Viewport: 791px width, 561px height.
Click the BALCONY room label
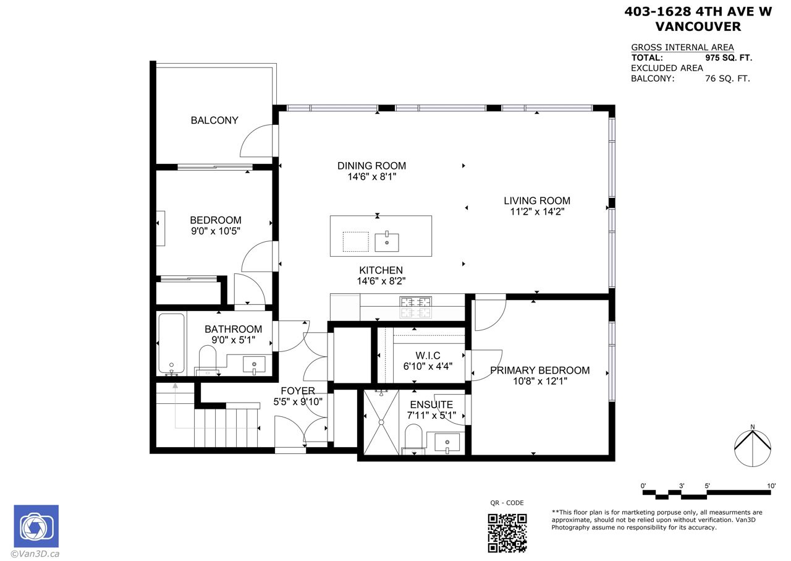[x=214, y=120]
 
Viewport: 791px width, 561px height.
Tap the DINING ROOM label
[x=371, y=166]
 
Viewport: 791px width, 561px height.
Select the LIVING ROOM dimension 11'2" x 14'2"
[x=537, y=212]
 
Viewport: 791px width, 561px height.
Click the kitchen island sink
[x=387, y=242]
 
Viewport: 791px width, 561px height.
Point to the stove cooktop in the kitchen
[x=416, y=307]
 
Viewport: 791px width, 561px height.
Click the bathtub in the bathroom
[x=172, y=344]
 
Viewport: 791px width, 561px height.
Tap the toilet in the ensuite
[x=413, y=439]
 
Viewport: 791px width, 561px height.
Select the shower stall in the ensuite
[x=381, y=422]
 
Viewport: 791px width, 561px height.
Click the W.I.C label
[x=428, y=355]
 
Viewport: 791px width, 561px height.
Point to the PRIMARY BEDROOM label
[x=540, y=370]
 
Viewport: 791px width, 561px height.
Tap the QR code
[x=507, y=533]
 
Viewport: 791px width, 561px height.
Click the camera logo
[x=36, y=526]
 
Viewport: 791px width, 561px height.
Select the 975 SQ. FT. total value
[x=729, y=58]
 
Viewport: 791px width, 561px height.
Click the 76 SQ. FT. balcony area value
[x=727, y=79]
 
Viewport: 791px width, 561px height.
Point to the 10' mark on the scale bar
[x=771, y=486]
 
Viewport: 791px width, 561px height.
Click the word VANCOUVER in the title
[x=698, y=27]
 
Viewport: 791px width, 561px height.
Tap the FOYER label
[x=298, y=391]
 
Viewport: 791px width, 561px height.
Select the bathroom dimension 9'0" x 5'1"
[x=233, y=340]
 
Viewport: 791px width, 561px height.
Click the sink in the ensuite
[x=447, y=442]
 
